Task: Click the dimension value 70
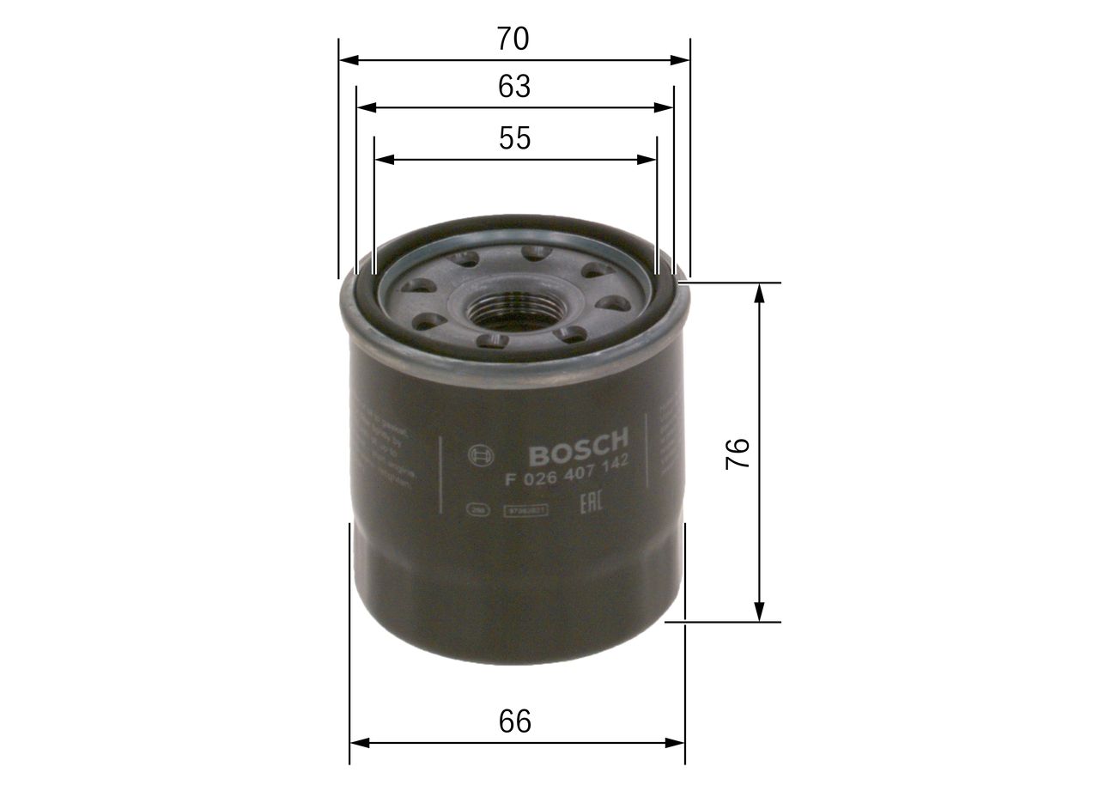(513, 39)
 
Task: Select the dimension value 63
(514, 87)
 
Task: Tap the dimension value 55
(514, 138)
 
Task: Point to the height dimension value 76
(738, 453)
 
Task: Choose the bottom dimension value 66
(515, 721)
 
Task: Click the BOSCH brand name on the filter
(578, 445)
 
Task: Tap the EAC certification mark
(590, 503)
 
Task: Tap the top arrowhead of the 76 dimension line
(759, 293)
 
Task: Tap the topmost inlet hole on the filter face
(536, 253)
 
